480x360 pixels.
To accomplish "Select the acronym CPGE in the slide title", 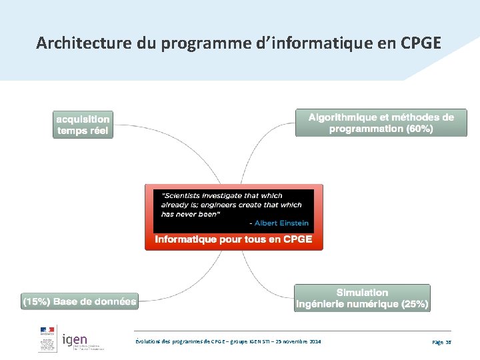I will [421, 43].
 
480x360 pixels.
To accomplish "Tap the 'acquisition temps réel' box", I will [83, 125].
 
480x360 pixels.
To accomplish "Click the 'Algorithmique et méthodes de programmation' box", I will [381, 123].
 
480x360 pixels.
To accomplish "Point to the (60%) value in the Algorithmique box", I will [419, 129].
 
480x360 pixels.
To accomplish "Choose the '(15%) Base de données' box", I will [80, 301].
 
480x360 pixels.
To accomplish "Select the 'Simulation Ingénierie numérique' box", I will [362, 298].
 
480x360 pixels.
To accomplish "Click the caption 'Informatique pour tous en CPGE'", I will [233, 239].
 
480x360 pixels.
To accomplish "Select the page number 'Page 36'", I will [441, 341].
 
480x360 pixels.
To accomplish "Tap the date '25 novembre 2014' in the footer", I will [299, 341].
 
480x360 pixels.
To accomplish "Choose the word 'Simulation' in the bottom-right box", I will [362, 292].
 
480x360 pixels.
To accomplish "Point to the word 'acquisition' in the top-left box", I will [83, 119].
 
